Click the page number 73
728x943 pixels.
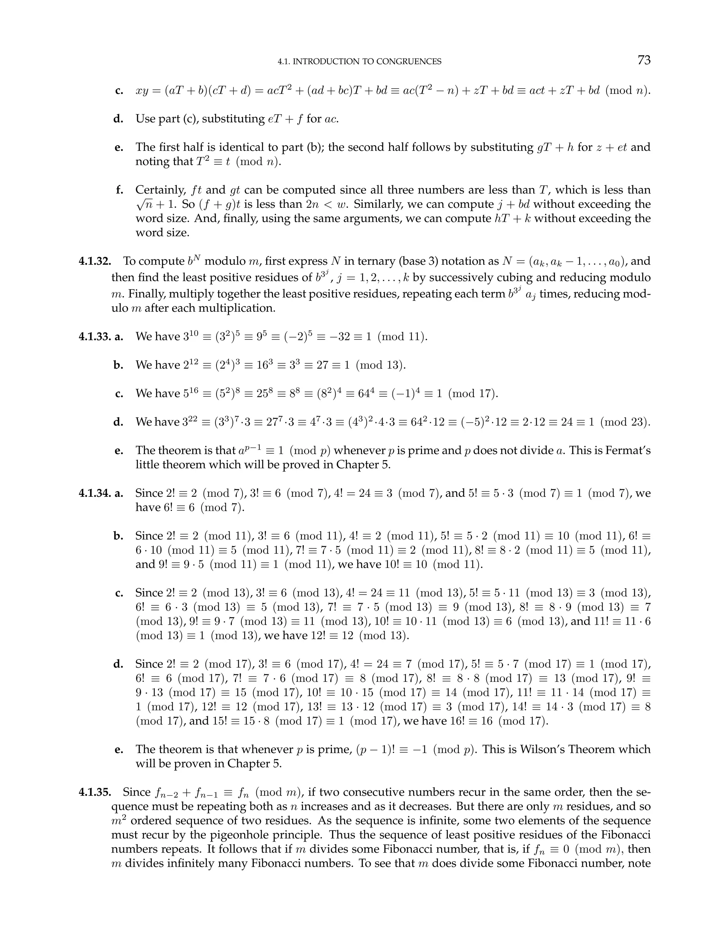643,60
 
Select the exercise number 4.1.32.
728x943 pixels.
95,261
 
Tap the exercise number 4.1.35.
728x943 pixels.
95,792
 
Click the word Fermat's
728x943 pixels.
628,451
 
